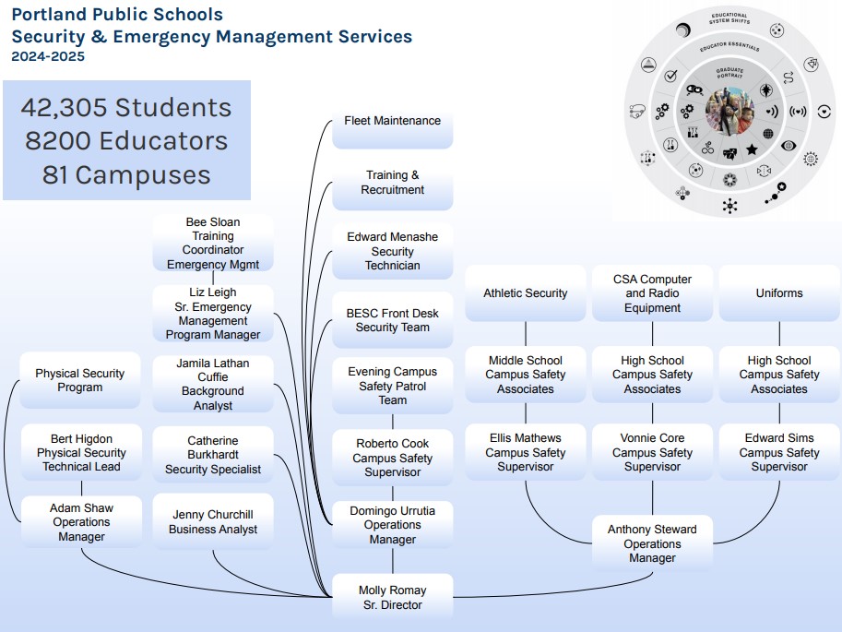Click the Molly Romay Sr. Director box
pos(392,597)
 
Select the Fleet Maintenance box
pos(392,122)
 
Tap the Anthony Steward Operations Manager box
pos(652,543)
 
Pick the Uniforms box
pos(779,293)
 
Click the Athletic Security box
pos(526,293)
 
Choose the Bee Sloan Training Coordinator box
pos(213,244)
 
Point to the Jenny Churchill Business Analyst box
pos(213,522)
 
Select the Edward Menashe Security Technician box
pos(392,251)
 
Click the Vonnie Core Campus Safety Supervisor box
pos(652,452)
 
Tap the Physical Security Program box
pos(80,380)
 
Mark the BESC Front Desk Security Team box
pos(392,320)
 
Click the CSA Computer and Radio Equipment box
pos(652,293)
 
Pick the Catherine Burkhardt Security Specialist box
pos(213,455)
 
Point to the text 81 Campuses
pos(126,174)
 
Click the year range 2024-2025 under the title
pos(48,56)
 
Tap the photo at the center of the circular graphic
pos(729,111)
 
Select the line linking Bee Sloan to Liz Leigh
pos(213,278)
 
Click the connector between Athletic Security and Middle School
pos(526,333)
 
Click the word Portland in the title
pos(48,15)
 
